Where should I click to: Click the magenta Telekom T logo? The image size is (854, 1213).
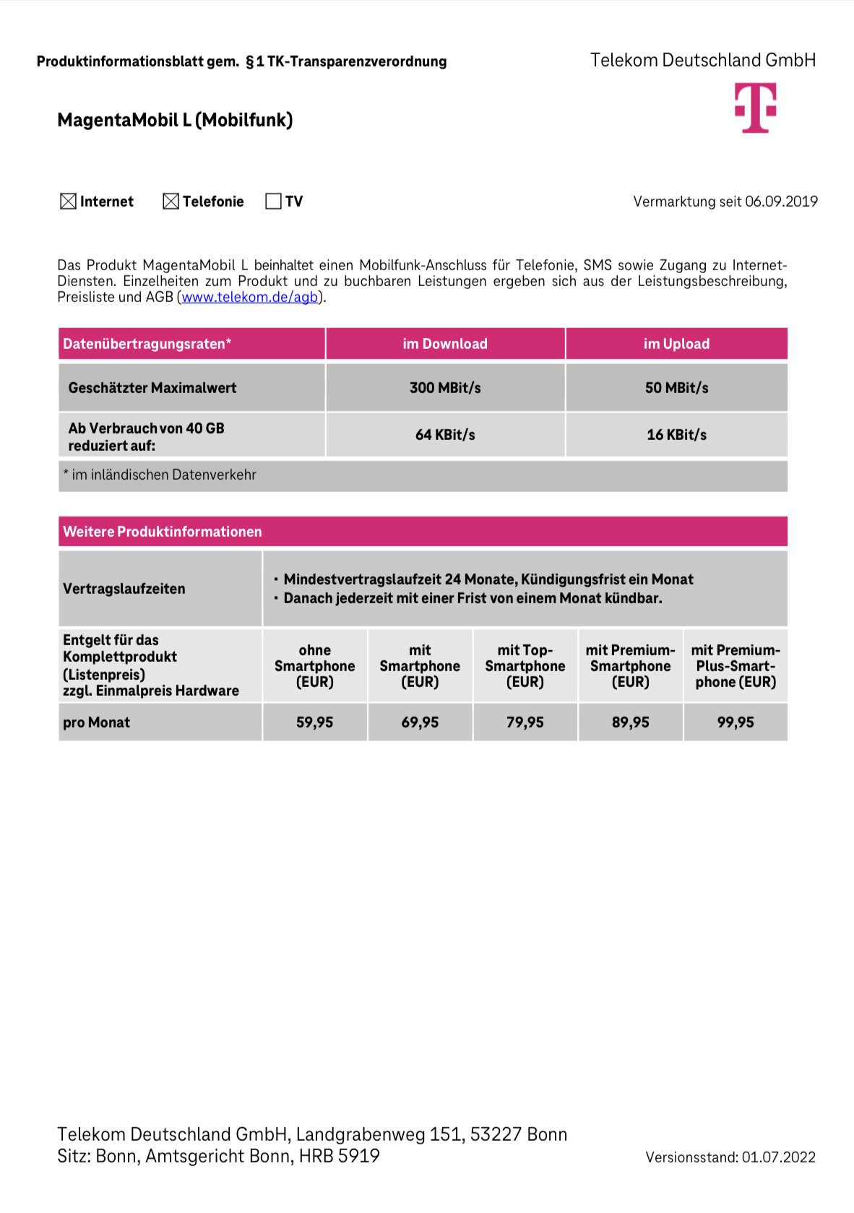[755, 108]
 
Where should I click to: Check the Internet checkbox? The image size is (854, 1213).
[68, 202]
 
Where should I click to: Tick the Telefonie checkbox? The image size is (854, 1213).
[171, 202]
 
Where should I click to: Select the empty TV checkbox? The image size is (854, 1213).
[273, 202]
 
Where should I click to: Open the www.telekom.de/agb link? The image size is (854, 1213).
[249, 298]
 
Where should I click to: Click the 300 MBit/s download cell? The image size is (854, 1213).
[445, 388]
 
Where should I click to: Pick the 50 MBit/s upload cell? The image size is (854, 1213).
[676, 388]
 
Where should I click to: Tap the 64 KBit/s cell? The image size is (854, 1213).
[445, 435]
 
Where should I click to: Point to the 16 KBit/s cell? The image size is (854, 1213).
[676, 435]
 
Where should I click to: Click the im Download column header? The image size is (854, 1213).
[445, 344]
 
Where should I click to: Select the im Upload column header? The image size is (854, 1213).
[676, 344]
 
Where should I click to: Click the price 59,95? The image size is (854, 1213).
[314, 722]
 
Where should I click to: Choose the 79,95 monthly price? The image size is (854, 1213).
[525, 722]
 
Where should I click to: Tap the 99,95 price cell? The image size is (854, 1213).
[736, 722]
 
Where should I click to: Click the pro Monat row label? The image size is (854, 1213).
[97, 722]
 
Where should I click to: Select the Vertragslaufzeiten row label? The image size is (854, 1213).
[124, 589]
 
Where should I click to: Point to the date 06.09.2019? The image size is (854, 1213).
[781, 202]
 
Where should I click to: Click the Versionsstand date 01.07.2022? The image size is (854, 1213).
[778, 1157]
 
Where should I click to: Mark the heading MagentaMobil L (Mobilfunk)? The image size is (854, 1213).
[175, 120]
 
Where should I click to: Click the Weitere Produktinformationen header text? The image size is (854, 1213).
[163, 532]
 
